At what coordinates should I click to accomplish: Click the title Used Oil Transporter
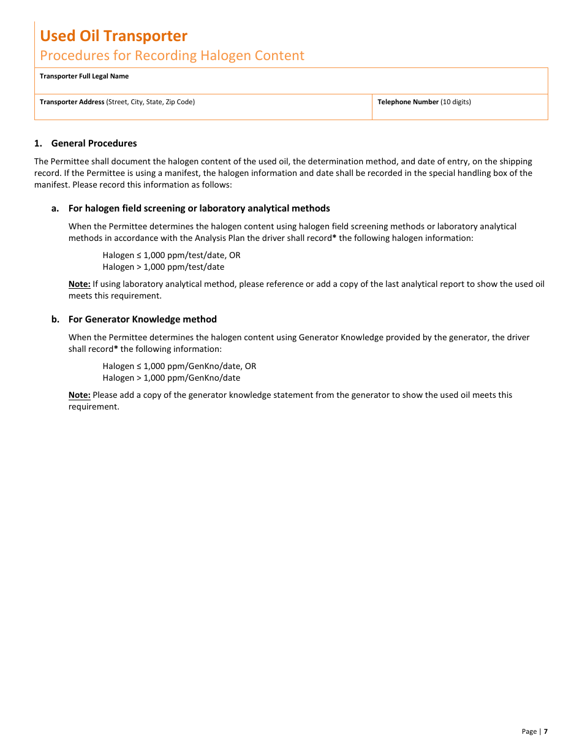(x=113, y=36)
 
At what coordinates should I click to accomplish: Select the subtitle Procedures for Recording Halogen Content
(x=172, y=56)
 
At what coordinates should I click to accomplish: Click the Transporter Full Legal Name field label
(x=84, y=77)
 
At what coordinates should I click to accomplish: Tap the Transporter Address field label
(x=72, y=102)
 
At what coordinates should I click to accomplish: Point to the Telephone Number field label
(x=408, y=102)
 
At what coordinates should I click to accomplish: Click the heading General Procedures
(x=94, y=143)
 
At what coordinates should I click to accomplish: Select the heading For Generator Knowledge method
(x=142, y=319)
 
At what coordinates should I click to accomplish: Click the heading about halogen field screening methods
(x=198, y=208)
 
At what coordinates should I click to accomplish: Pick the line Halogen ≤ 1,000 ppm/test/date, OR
(x=171, y=255)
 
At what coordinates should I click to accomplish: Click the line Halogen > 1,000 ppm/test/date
(x=163, y=267)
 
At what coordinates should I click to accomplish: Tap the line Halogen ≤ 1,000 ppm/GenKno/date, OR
(x=179, y=366)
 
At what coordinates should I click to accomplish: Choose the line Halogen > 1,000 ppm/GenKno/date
(x=171, y=378)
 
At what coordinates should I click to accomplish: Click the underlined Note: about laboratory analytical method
(x=79, y=284)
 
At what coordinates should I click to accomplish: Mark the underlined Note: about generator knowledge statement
(x=79, y=395)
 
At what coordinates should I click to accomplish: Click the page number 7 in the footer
(x=545, y=731)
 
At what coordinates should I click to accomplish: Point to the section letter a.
(x=55, y=208)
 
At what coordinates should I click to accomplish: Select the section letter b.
(x=55, y=319)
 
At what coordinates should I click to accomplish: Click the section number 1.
(x=38, y=143)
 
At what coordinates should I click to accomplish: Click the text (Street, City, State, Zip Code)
(x=151, y=102)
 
